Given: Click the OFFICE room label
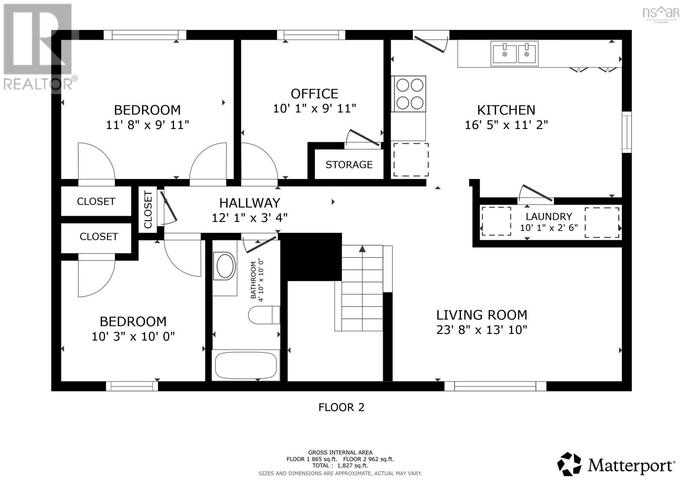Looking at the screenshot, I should (x=314, y=94).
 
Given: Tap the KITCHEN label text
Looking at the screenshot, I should (x=506, y=110).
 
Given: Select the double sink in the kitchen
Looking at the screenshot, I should (x=514, y=54).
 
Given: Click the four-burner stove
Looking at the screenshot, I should (x=409, y=94).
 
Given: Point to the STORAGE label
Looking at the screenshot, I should (x=349, y=164).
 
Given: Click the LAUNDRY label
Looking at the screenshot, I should (x=549, y=217).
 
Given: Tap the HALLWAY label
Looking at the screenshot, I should (x=250, y=202).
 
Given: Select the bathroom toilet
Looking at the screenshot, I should (x=264, y=315).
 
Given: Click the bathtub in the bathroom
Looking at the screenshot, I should (x=245, y=365).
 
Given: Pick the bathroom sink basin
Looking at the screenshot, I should (x=225, y=266).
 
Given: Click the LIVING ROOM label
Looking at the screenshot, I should (x=482, y=315).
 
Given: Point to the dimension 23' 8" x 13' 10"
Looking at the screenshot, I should (x=482, y=330).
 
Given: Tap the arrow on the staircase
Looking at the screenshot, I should (x=362, y=249).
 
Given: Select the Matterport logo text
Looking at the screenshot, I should (x=631, y=465).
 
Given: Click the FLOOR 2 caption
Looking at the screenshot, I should (x=341, y=407).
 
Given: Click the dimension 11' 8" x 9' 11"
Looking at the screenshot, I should (x=147, y=125).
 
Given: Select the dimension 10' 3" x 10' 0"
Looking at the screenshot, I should (x=133, y=337).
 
